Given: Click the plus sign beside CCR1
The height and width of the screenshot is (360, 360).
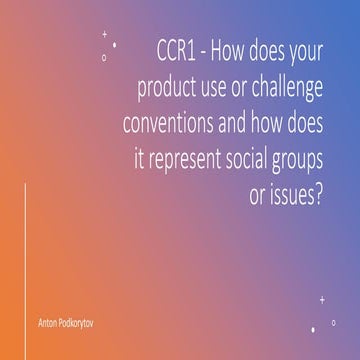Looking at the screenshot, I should coord(104,33).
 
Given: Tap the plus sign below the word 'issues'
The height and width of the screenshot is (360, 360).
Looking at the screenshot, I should coord(322,298).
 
